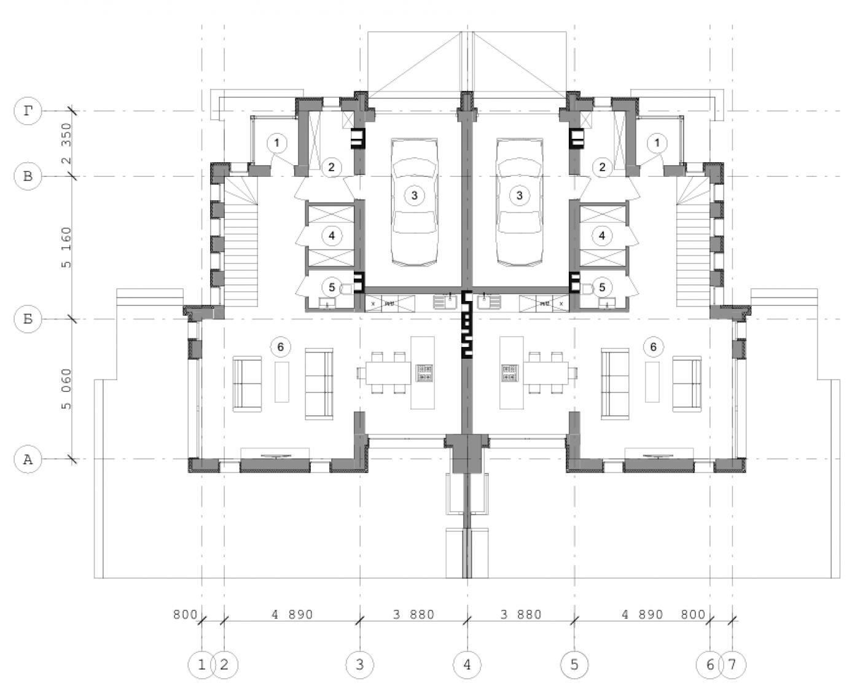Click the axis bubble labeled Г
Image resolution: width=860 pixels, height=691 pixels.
pyautogui.click(x=28, y=111)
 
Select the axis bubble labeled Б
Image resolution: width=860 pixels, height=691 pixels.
pyautogui.click(x=28, y=319)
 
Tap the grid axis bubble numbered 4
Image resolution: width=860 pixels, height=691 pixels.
pyautogui.click(x=467, y=665)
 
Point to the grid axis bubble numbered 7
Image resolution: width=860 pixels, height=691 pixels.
pyautogui.click(x=732, y=665)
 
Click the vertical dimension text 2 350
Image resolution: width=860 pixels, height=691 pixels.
pyautogui.click(x=66, y=144)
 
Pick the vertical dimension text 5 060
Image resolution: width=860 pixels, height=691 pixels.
pyautogui.click(x=66, y=389)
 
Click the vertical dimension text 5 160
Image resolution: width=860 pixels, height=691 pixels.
pyautogui.click(x=66, y=248)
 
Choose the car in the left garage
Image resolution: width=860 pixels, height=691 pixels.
pyautogui.click(x=415, y=202)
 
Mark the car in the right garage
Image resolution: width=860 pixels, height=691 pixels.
pyautogui.click(x=520, y=202)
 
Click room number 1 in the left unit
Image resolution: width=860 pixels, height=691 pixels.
pyautogui.click(x=277, y=142)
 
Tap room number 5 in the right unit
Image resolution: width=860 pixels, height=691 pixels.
pyautogui.click(x=602, y=287)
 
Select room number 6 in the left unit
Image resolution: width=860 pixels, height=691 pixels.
pyautogui.click(x=281, y=346)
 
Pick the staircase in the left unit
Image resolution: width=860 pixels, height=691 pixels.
pyautogui.click(x=241, y=241)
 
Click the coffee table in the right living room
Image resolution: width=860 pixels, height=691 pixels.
pyautogui.click(x=652, y=381)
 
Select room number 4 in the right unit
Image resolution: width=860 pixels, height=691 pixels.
pyautogui.click(x=602, y=236)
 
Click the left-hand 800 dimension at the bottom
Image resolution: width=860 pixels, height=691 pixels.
pyautogui.click(x=185, y=614)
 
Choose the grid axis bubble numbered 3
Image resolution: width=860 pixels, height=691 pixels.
pyautogui.click(x=360, y=665)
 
